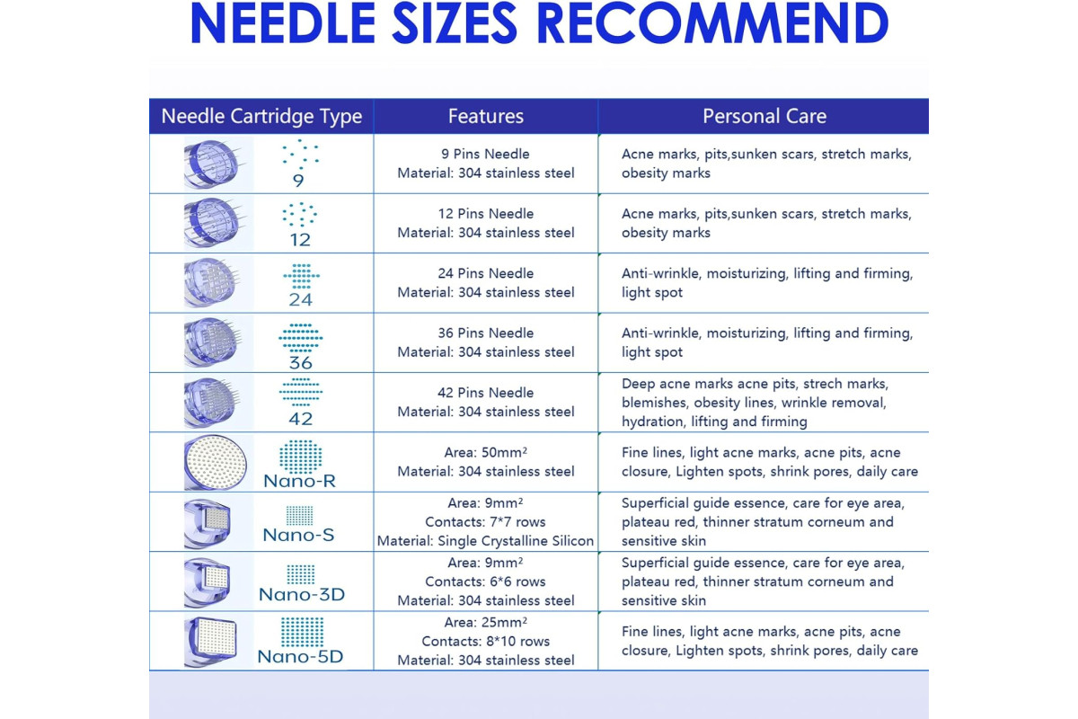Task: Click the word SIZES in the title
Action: pos(455,23)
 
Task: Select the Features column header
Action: pos(486,116)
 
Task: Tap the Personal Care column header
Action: pos(764,116)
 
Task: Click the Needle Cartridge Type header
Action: pos(261,117)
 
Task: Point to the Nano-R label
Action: pos(299,481)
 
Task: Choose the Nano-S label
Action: pos(298,535)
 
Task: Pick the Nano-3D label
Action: pos(302,594)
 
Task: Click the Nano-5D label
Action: pos(300,656)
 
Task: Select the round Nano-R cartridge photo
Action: pos(215,462)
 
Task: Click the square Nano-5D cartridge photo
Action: pos(212,642)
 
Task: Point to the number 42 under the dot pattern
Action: pos(301,419)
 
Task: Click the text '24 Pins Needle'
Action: pos(486,273)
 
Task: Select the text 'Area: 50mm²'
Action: pos(486,452)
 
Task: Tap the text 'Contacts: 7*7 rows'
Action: pos(485,521)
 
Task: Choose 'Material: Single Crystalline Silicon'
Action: pos(485,541)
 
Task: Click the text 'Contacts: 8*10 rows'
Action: pos(486,641)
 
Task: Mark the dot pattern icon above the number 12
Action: pos(300,214)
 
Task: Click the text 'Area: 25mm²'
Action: pos(486,622)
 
